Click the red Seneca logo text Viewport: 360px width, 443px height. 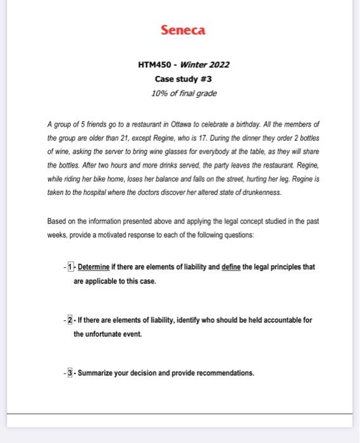click(183, 30)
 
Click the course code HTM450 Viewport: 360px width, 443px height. click(154, 65)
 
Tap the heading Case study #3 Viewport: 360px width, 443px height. click(183, 79)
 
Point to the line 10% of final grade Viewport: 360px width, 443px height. click(183, 93)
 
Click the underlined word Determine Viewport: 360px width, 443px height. click(94, 267)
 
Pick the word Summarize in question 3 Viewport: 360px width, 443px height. click(97, 373)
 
